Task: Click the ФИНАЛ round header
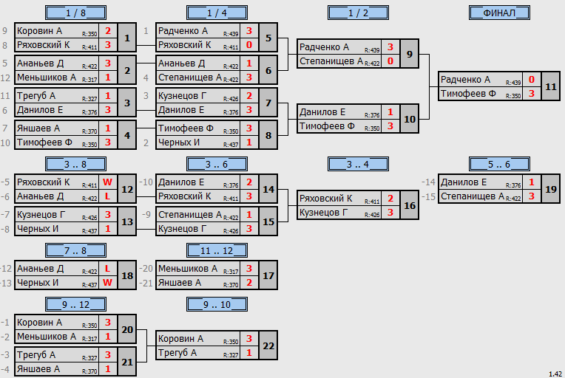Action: (x=499, y=13)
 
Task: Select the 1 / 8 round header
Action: (x=75, y=13)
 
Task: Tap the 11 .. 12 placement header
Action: (x=217, y=250)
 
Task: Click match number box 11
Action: (x=551, y=86)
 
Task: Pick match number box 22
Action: (x=268, y=346)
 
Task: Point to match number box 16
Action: (x=410, y=205)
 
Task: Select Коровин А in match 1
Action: (x=40, y=31)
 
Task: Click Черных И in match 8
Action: (x=179, y=142)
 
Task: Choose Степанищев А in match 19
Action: (x=473, y=196)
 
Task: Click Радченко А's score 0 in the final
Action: (x=532, y=80)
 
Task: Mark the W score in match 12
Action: (x=108, y=182)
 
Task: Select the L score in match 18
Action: (x=108, y=269)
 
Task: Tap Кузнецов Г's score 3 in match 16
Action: (x=390, y=213)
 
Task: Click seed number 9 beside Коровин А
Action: (x=4, y=31)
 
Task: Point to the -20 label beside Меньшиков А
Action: (x=146, y=269)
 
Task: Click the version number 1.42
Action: (x=555, y=374)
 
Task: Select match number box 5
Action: (x=268, y=38)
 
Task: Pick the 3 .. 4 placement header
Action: (x=358, y=165)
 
